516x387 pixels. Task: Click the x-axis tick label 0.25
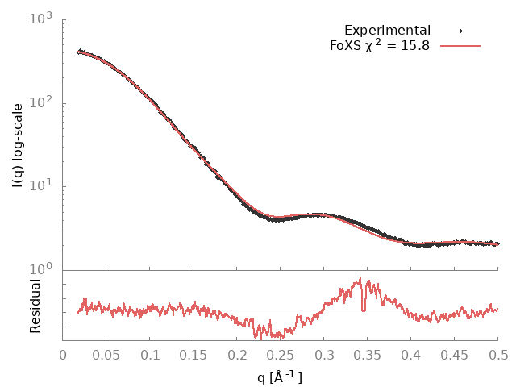pyautogui.click(x=281, y=355)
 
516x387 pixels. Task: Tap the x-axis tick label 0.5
pyautogui.click(x=498, y=355)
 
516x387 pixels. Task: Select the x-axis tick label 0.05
pyautogui.click(x=106, y=355)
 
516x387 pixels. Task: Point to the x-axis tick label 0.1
pyautogui.click(x=150, y=355)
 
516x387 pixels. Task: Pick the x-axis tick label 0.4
pyautogui.click(x=411, y=355)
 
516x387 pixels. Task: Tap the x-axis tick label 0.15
pyautogui.click(x=193, y=355)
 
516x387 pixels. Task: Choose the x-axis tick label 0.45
pyautogui.click(x=455, y=355)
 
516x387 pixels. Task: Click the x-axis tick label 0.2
pyautogui.click(x=237, y=355)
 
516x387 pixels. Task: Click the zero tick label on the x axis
pyautogui.click(x=63, y=355)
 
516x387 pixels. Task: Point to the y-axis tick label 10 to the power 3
pyautogui.click(x=43, y=18)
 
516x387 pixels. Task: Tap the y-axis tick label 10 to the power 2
pyautogui.click(x=43, y=102)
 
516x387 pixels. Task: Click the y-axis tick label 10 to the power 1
pyautogui.click(x=43, y=186)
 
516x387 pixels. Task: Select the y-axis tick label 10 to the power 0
pyautogui.click(x=43, y=270)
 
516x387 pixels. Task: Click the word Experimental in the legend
pyautogui.click(x=387, y=31)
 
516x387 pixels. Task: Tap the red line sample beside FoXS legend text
pyautogui.click(x=460, y=46)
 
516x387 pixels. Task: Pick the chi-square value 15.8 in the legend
pyautogui.click(x=414, y=46)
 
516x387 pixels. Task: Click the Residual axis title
pyautogui.click(x=35, y=306)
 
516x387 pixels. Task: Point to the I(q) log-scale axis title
pyautogui.click(x=18, y=144)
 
